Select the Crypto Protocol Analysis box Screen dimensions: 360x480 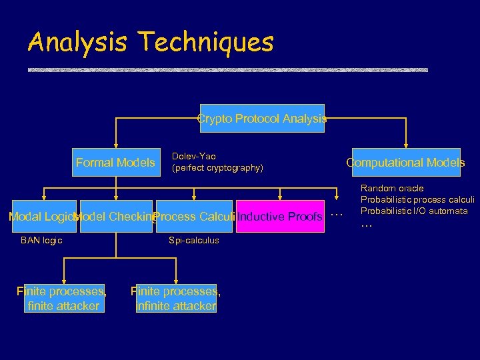pos(261,119)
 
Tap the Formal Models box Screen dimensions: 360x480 pos(115,162)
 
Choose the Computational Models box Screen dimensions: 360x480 pos(405,162)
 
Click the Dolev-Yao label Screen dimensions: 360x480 pos(193,156)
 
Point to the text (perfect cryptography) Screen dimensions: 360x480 pos(217,168)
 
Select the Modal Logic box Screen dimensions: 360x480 pos(41,216)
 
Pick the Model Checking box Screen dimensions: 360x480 pos(116,216)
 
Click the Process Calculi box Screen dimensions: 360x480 pos(193,216)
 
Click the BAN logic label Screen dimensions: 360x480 pos(41,240)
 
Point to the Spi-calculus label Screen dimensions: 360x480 pos(193,240)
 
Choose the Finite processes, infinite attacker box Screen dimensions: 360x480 pos(176,298)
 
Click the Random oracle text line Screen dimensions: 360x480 pos(392,189)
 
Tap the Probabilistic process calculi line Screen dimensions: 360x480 pos(417,200)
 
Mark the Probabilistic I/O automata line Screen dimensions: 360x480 pos(414,211)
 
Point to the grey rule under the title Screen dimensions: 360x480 pos(227,69)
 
